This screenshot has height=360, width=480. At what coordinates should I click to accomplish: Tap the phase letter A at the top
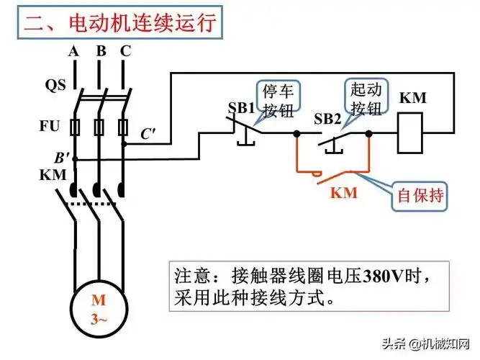[x=73, y=51]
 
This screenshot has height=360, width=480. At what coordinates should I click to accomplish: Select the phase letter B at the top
[x=101, y=51]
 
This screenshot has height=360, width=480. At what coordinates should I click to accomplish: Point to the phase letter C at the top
[x=126, y=51]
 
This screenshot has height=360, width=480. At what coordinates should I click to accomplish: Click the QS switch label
[x=55, y=85]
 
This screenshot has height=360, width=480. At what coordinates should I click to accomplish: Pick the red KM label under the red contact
[x=344, y=193]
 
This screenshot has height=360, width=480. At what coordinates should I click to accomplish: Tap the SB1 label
[x=242, y=107]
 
